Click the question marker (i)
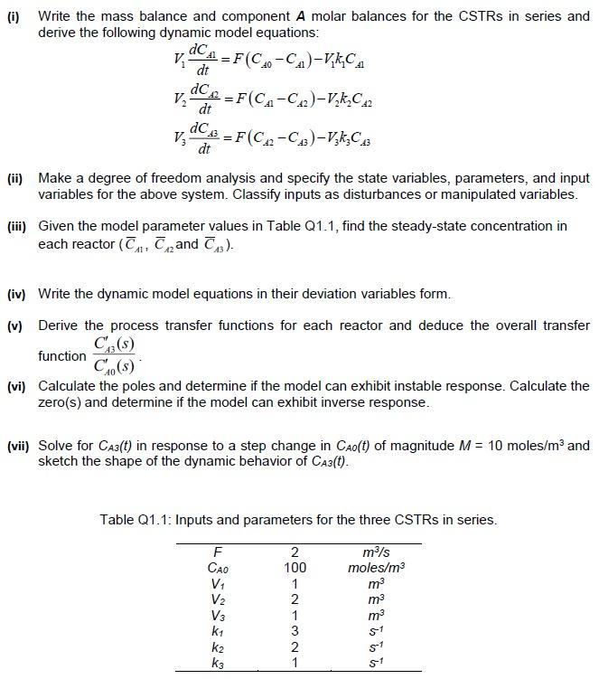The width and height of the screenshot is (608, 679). [12, 16]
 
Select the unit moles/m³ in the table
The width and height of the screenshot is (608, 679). [376, 568]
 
